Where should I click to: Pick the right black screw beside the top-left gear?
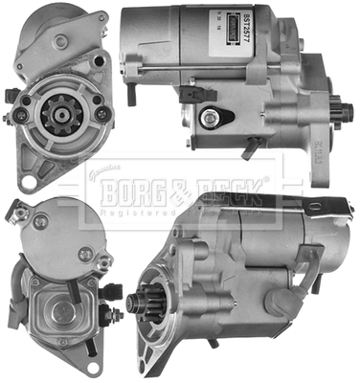point(101,114)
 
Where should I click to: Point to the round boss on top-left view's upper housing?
point(61,42)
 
